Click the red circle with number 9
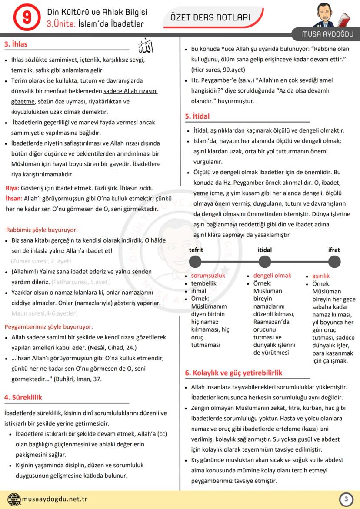pos(24,17)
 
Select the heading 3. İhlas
pos(16,44)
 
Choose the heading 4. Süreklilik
pos(23,397)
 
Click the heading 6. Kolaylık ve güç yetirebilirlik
pos(233,373)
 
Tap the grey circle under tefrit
pos(196,262)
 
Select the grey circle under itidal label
pos(265,262)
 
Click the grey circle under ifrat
pos(334,262)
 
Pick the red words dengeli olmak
pos(272,276)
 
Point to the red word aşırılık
pos(321,276)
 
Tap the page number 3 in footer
pos(346,499)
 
